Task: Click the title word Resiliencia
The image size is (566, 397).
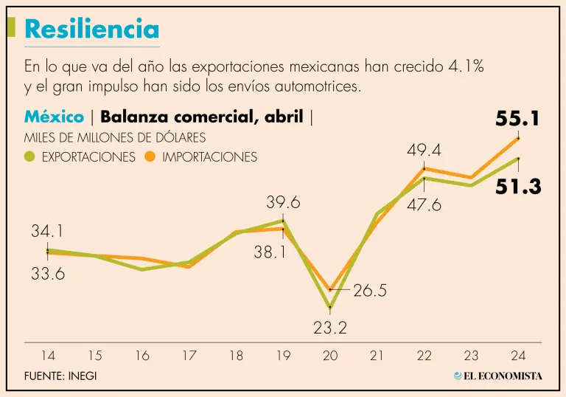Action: [x=91, y=29]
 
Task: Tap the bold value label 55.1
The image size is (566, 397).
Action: [x=518, y=119]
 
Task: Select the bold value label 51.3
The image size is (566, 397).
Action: [x=518, y=187]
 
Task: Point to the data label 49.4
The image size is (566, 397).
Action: [x=424, y=151]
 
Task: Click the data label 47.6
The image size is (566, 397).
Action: [x=424, y=205]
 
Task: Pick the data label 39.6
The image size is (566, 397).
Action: [x=283, y=202]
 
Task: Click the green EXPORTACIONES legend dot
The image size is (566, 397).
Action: [x=29, y=156]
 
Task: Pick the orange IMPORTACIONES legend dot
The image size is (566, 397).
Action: [x=150, y=156]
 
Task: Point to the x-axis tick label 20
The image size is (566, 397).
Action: [x=329, y=356]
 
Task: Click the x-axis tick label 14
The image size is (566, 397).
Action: [x=48, y=356]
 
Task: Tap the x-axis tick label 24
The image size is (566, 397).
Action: [x=517, y=356]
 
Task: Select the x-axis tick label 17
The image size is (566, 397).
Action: [x=189, y=356]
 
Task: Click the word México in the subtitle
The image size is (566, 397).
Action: [x=54, y=117]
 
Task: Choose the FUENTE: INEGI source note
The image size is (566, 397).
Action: [x=60, y=376]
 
